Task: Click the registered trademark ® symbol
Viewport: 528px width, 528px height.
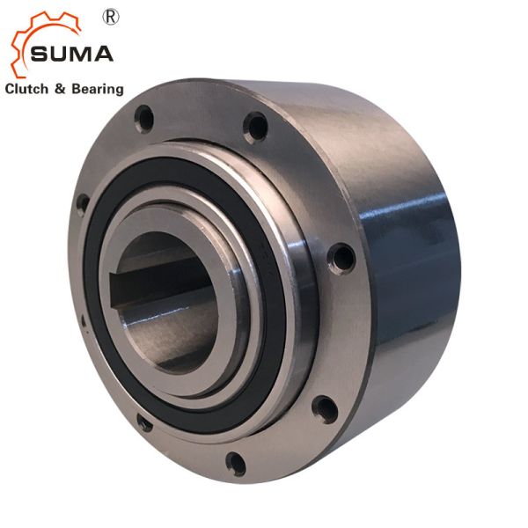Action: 111,18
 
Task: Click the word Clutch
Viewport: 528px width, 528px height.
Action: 26,89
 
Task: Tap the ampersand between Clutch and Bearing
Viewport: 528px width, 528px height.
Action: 60,89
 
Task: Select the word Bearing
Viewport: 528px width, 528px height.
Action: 98,90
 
